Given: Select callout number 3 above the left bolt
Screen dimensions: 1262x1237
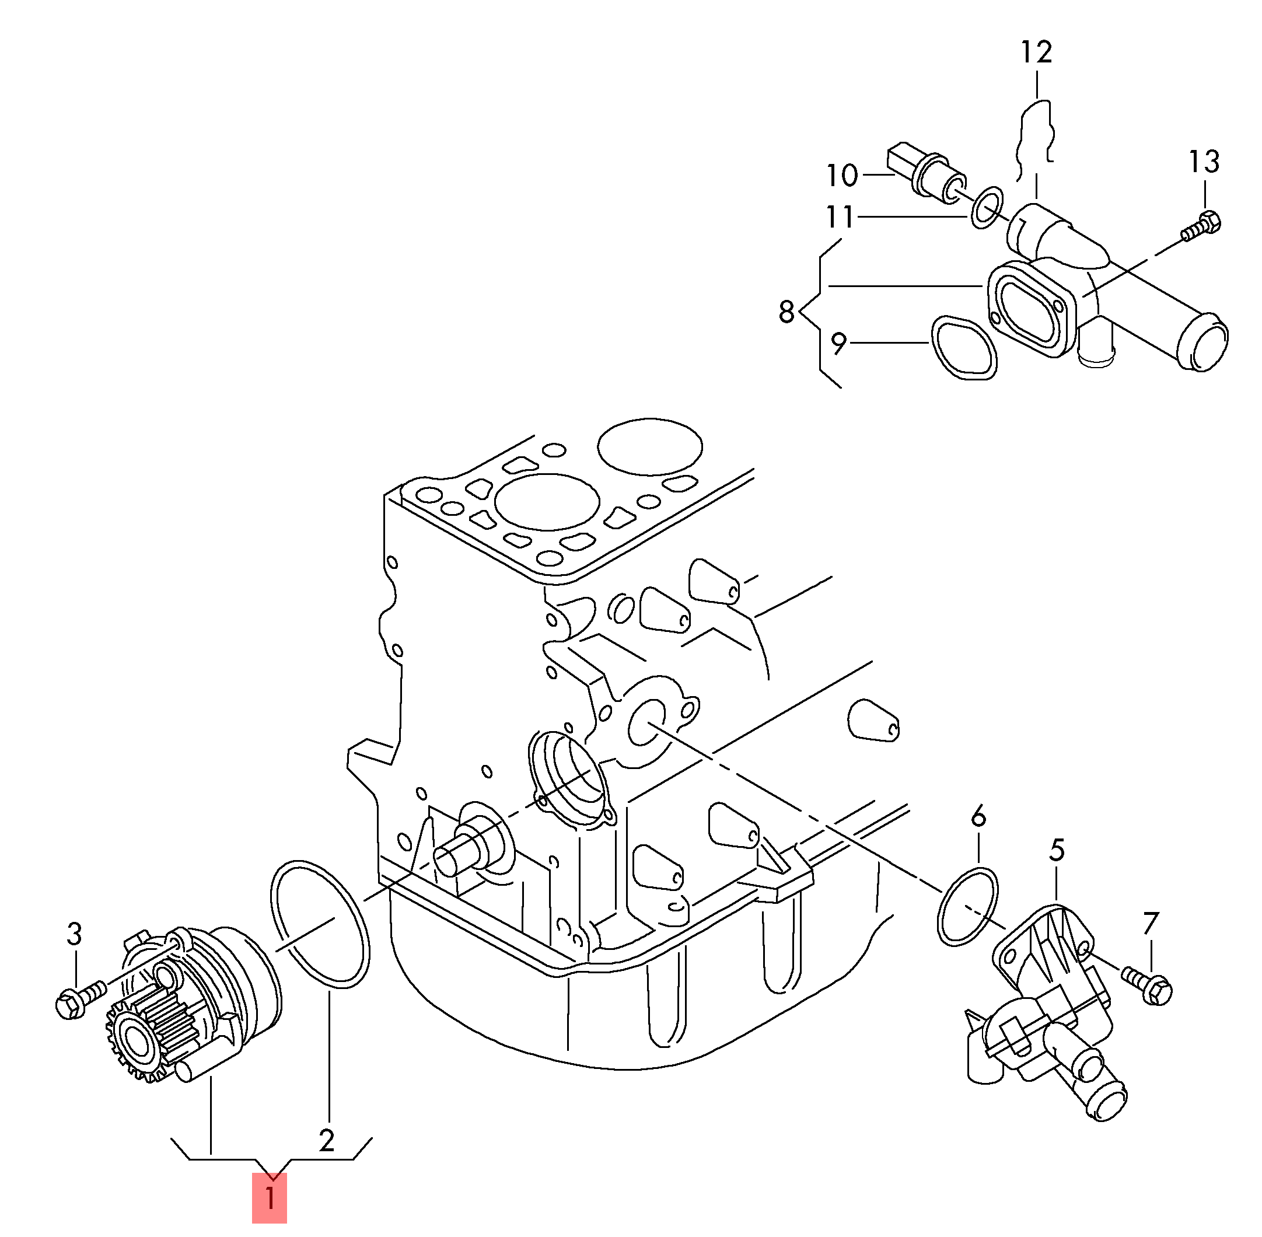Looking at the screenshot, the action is pyautogui.click(x=75, y=934).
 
